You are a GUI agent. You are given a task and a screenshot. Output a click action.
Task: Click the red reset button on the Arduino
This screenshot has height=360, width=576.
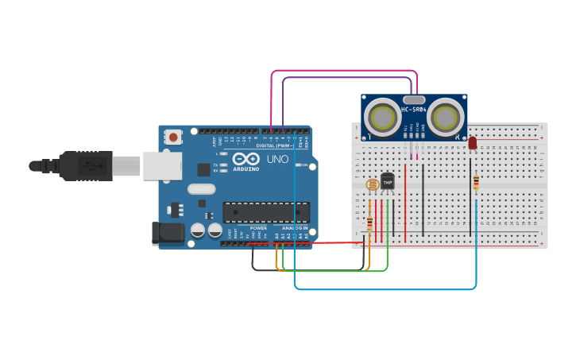[x=173, y=137]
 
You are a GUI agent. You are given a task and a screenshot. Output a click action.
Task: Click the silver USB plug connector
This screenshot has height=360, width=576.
[x=126, y=166]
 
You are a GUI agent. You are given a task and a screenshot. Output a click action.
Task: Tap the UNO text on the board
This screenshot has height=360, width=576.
[x=277, y=159]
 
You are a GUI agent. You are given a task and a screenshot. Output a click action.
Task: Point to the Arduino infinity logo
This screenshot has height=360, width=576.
[x=246, y=159]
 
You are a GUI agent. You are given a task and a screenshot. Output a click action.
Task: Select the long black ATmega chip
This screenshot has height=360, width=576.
[x=266, y=212]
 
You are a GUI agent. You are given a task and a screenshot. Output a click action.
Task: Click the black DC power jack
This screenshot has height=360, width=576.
[x=168, y=233]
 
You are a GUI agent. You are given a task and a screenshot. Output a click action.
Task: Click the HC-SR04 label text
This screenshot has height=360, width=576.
[x=414, y=109]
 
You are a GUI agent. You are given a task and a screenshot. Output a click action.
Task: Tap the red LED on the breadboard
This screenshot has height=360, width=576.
[x=473, y=143]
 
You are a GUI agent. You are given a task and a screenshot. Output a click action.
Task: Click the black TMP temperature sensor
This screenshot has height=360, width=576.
[x=388, y=182]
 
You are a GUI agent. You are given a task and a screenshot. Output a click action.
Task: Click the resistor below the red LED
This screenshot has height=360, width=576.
[x=476, y=183]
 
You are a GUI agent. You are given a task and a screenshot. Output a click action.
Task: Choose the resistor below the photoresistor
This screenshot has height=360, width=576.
[x=370, y=223]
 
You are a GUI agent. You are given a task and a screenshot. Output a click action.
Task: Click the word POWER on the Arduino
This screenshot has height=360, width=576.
[x=259, y=228]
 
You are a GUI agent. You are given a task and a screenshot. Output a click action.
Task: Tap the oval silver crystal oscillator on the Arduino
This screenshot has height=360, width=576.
[x=202, y=189]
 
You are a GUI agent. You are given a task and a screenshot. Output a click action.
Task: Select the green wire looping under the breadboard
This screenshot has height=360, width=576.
[x=334, y=271]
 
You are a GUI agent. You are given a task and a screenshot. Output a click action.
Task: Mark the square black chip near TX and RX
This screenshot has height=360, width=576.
[x=204, y=169]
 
